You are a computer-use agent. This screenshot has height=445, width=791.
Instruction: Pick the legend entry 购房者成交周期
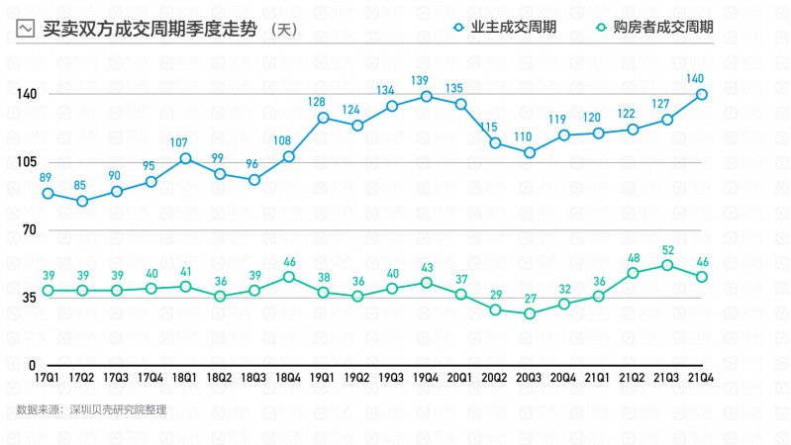pos(666,28)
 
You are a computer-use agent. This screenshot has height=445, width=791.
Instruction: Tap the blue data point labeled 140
pos(702,95)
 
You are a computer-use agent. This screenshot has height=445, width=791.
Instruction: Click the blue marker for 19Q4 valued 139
pos(427,96)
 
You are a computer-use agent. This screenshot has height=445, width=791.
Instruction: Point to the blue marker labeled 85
pos(82,201)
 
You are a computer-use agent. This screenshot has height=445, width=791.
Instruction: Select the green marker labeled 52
pos(667,264)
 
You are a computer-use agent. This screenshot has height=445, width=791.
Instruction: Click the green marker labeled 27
pos(530,313)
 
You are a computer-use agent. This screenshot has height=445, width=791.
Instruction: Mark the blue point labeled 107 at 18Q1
pos(185,158)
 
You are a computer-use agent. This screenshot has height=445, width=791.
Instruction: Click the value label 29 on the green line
pos(495,295)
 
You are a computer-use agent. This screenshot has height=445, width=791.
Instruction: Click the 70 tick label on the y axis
pos(28,229)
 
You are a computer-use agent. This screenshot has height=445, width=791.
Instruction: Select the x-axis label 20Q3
pos(530,378)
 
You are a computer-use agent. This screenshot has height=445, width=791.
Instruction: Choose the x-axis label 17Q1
pos(47,378)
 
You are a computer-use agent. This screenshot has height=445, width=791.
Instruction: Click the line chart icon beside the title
pos(27,30)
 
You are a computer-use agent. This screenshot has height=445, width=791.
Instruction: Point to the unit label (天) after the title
pos(283,30)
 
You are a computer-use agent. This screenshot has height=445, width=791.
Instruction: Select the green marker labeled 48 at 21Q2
pos(633,272)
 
